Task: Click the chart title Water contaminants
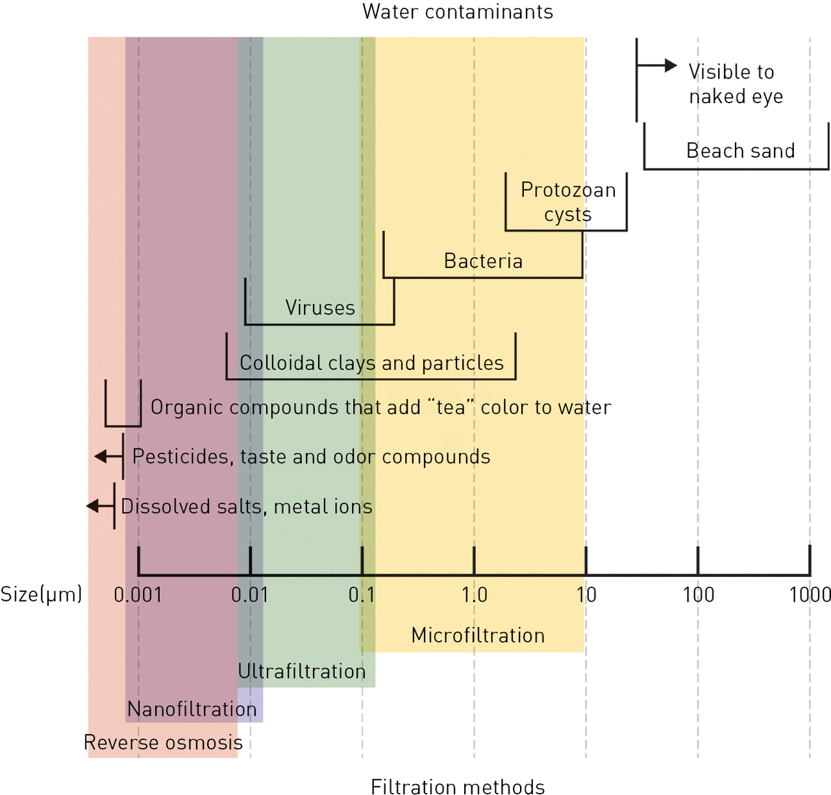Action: (458, 12)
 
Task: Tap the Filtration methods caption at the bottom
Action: (458, 786)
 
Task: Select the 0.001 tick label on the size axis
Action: (138, 594)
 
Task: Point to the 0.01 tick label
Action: (250, 594)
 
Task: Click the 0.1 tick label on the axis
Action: (362, 594)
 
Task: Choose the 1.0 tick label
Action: (474, 594)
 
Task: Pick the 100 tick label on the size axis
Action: (698, 594)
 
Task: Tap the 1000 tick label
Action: (810, 594)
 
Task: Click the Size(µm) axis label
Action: (41, 594)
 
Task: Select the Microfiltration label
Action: (478, 635)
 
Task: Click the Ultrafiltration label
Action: (302, 671)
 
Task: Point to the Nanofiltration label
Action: (192, 709)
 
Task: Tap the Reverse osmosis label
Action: (163, 742)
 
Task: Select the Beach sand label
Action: (740, 151)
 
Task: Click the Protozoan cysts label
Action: (568, 202)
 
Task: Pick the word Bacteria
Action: (483, 261)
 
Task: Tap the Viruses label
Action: (320, 308)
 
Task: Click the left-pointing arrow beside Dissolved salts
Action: (97, 506)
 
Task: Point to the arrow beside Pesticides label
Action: (106, 456)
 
